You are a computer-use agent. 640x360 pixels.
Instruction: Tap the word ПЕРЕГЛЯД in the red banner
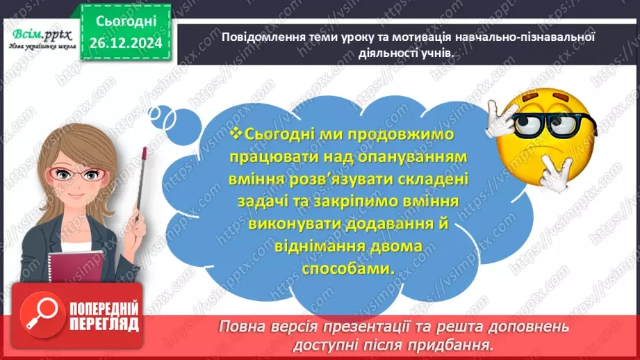[x=104, y=325]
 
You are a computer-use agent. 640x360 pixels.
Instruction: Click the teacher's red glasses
[x=82, y=174]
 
